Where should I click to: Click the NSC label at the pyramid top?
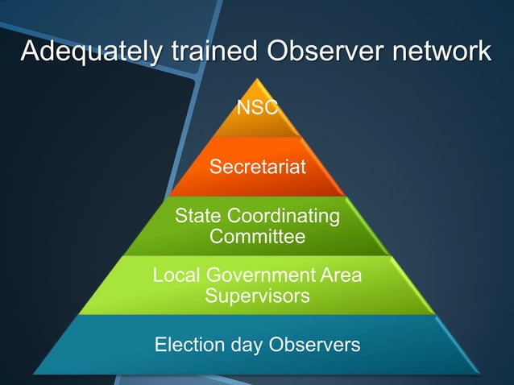[x=257, y=107]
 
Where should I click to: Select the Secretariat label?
[x=257, y=167]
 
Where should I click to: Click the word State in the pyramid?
[x=198, y=217]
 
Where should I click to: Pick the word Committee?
[x=257, y=237]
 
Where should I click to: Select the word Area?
[x=342, y=275]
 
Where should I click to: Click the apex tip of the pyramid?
[x=257, y=78]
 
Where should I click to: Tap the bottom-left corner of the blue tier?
[x=33, y=374]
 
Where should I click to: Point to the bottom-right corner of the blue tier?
[x=481, y=374]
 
